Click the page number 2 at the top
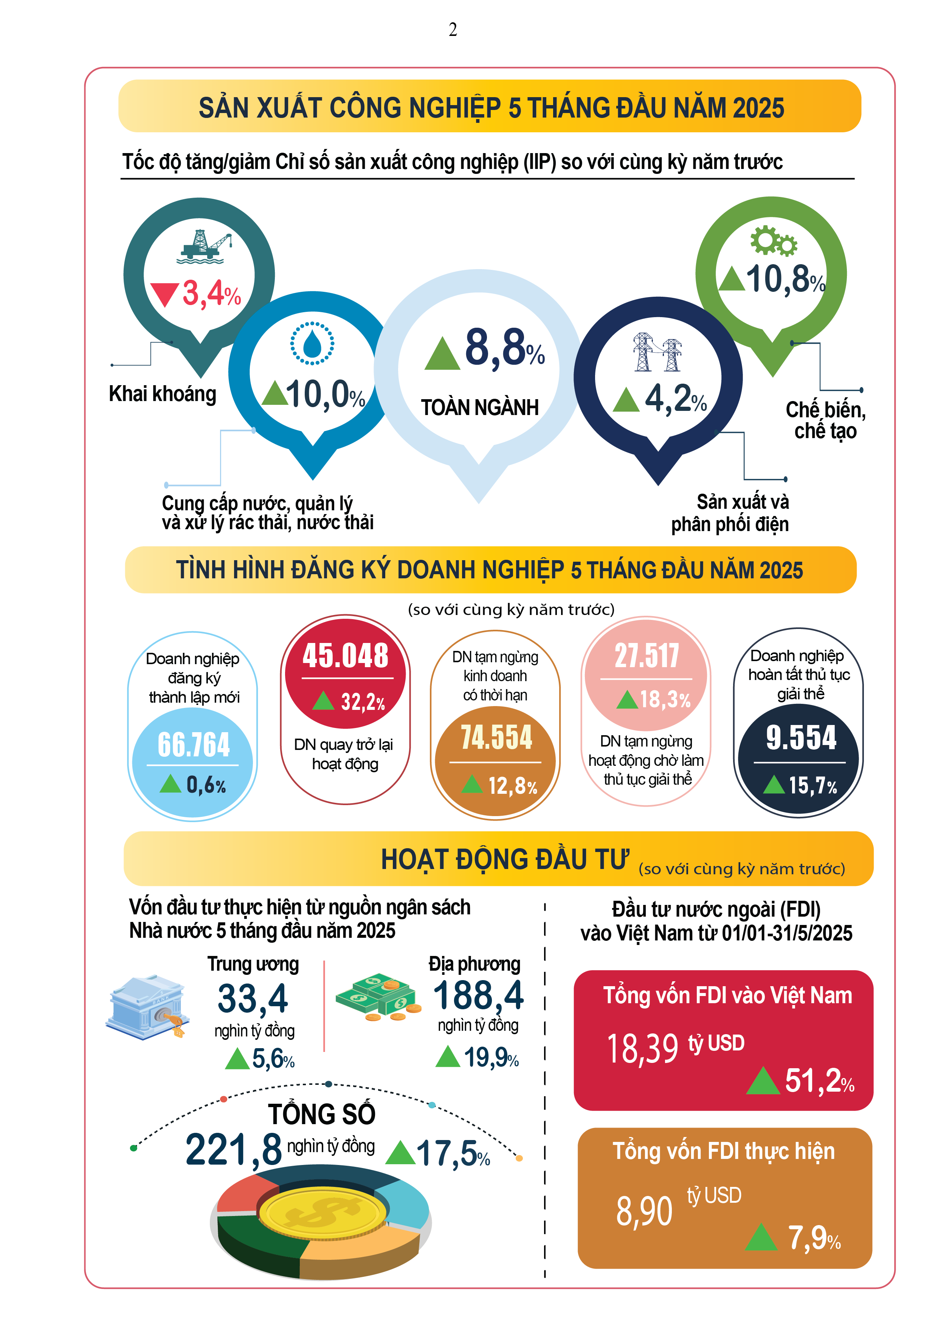453,30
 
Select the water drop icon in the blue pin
312,344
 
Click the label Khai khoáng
162,394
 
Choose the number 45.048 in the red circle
346,656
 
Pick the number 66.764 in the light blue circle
194,744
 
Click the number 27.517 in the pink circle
647,657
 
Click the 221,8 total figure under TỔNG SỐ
233,1149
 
